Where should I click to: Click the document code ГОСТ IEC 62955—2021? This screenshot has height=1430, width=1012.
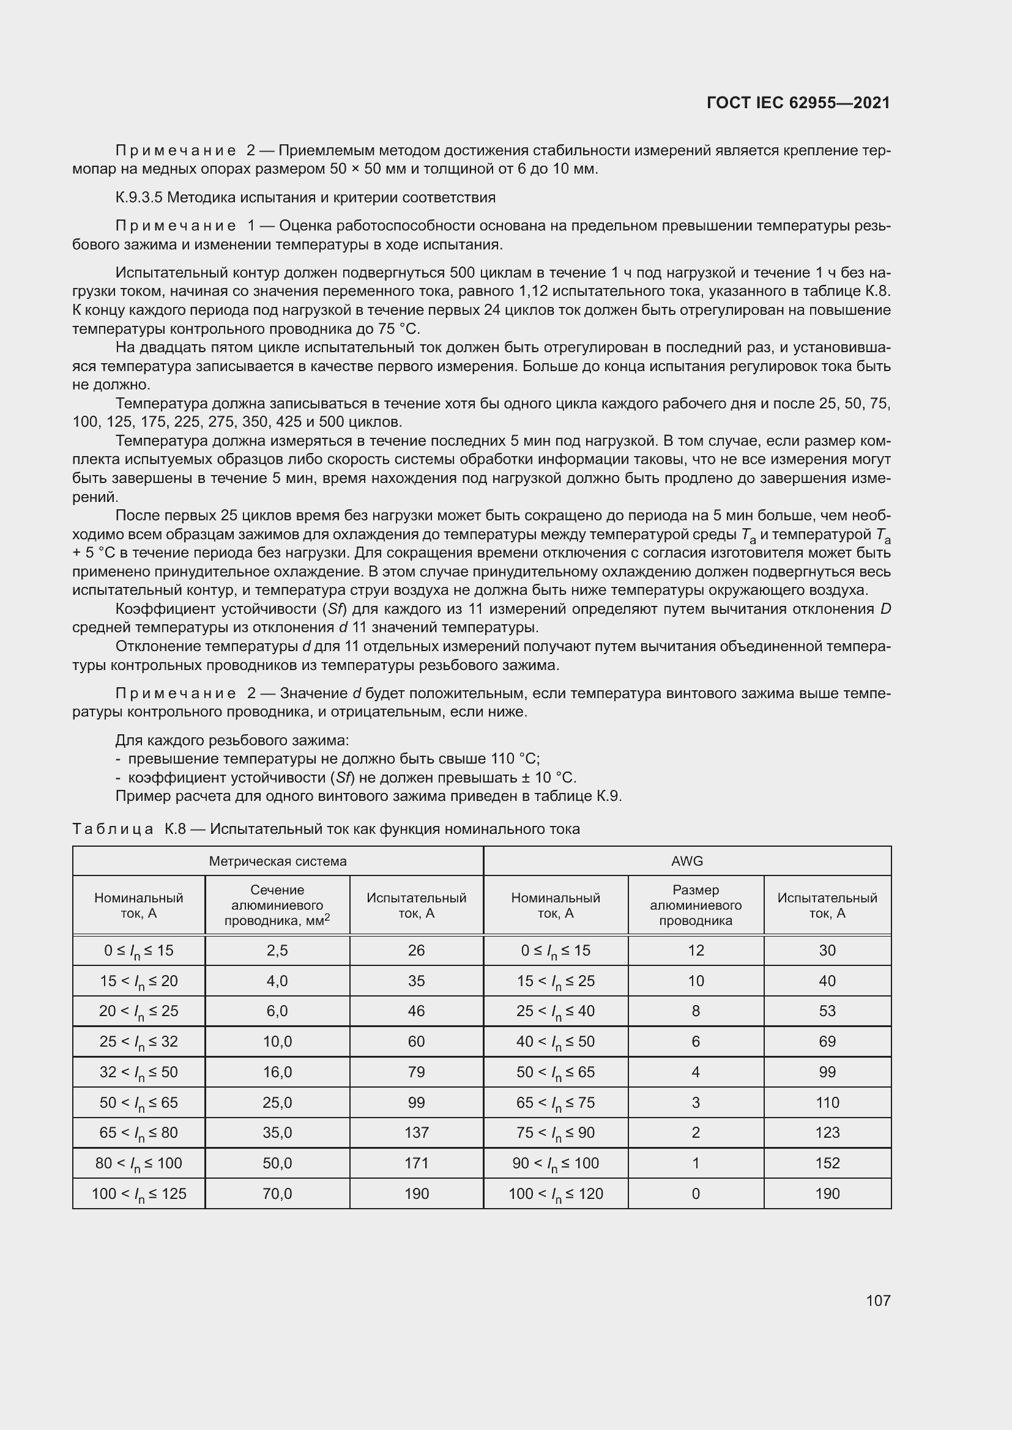point(798,103)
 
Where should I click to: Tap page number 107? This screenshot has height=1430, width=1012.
point(878,1300)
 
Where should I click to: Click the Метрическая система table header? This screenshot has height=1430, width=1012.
point(277,861)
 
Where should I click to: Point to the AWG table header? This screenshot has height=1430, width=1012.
point(686,861)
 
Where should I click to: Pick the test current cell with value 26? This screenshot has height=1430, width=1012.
point(415,951)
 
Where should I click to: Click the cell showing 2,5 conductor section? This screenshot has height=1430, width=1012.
point(277,951)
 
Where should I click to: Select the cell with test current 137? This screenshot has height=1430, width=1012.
point(415,1132)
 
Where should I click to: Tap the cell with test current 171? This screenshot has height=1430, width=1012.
point(415,1163)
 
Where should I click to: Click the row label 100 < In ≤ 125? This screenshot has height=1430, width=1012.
point(138,1193)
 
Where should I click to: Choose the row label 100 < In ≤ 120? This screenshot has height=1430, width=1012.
point(555,1193)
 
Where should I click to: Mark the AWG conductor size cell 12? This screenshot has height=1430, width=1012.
point(696,951)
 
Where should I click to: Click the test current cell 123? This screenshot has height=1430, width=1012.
point(827,1132)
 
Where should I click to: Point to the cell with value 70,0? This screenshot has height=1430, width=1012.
point(277,1193)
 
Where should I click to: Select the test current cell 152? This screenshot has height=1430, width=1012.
point(827,1163)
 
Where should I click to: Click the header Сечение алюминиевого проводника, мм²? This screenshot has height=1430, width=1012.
point(277,905)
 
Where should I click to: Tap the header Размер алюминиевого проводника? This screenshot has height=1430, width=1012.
point(696,905)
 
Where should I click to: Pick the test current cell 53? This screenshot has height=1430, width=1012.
point(827,1011)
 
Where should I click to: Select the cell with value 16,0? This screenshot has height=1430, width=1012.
point(277,1072)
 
